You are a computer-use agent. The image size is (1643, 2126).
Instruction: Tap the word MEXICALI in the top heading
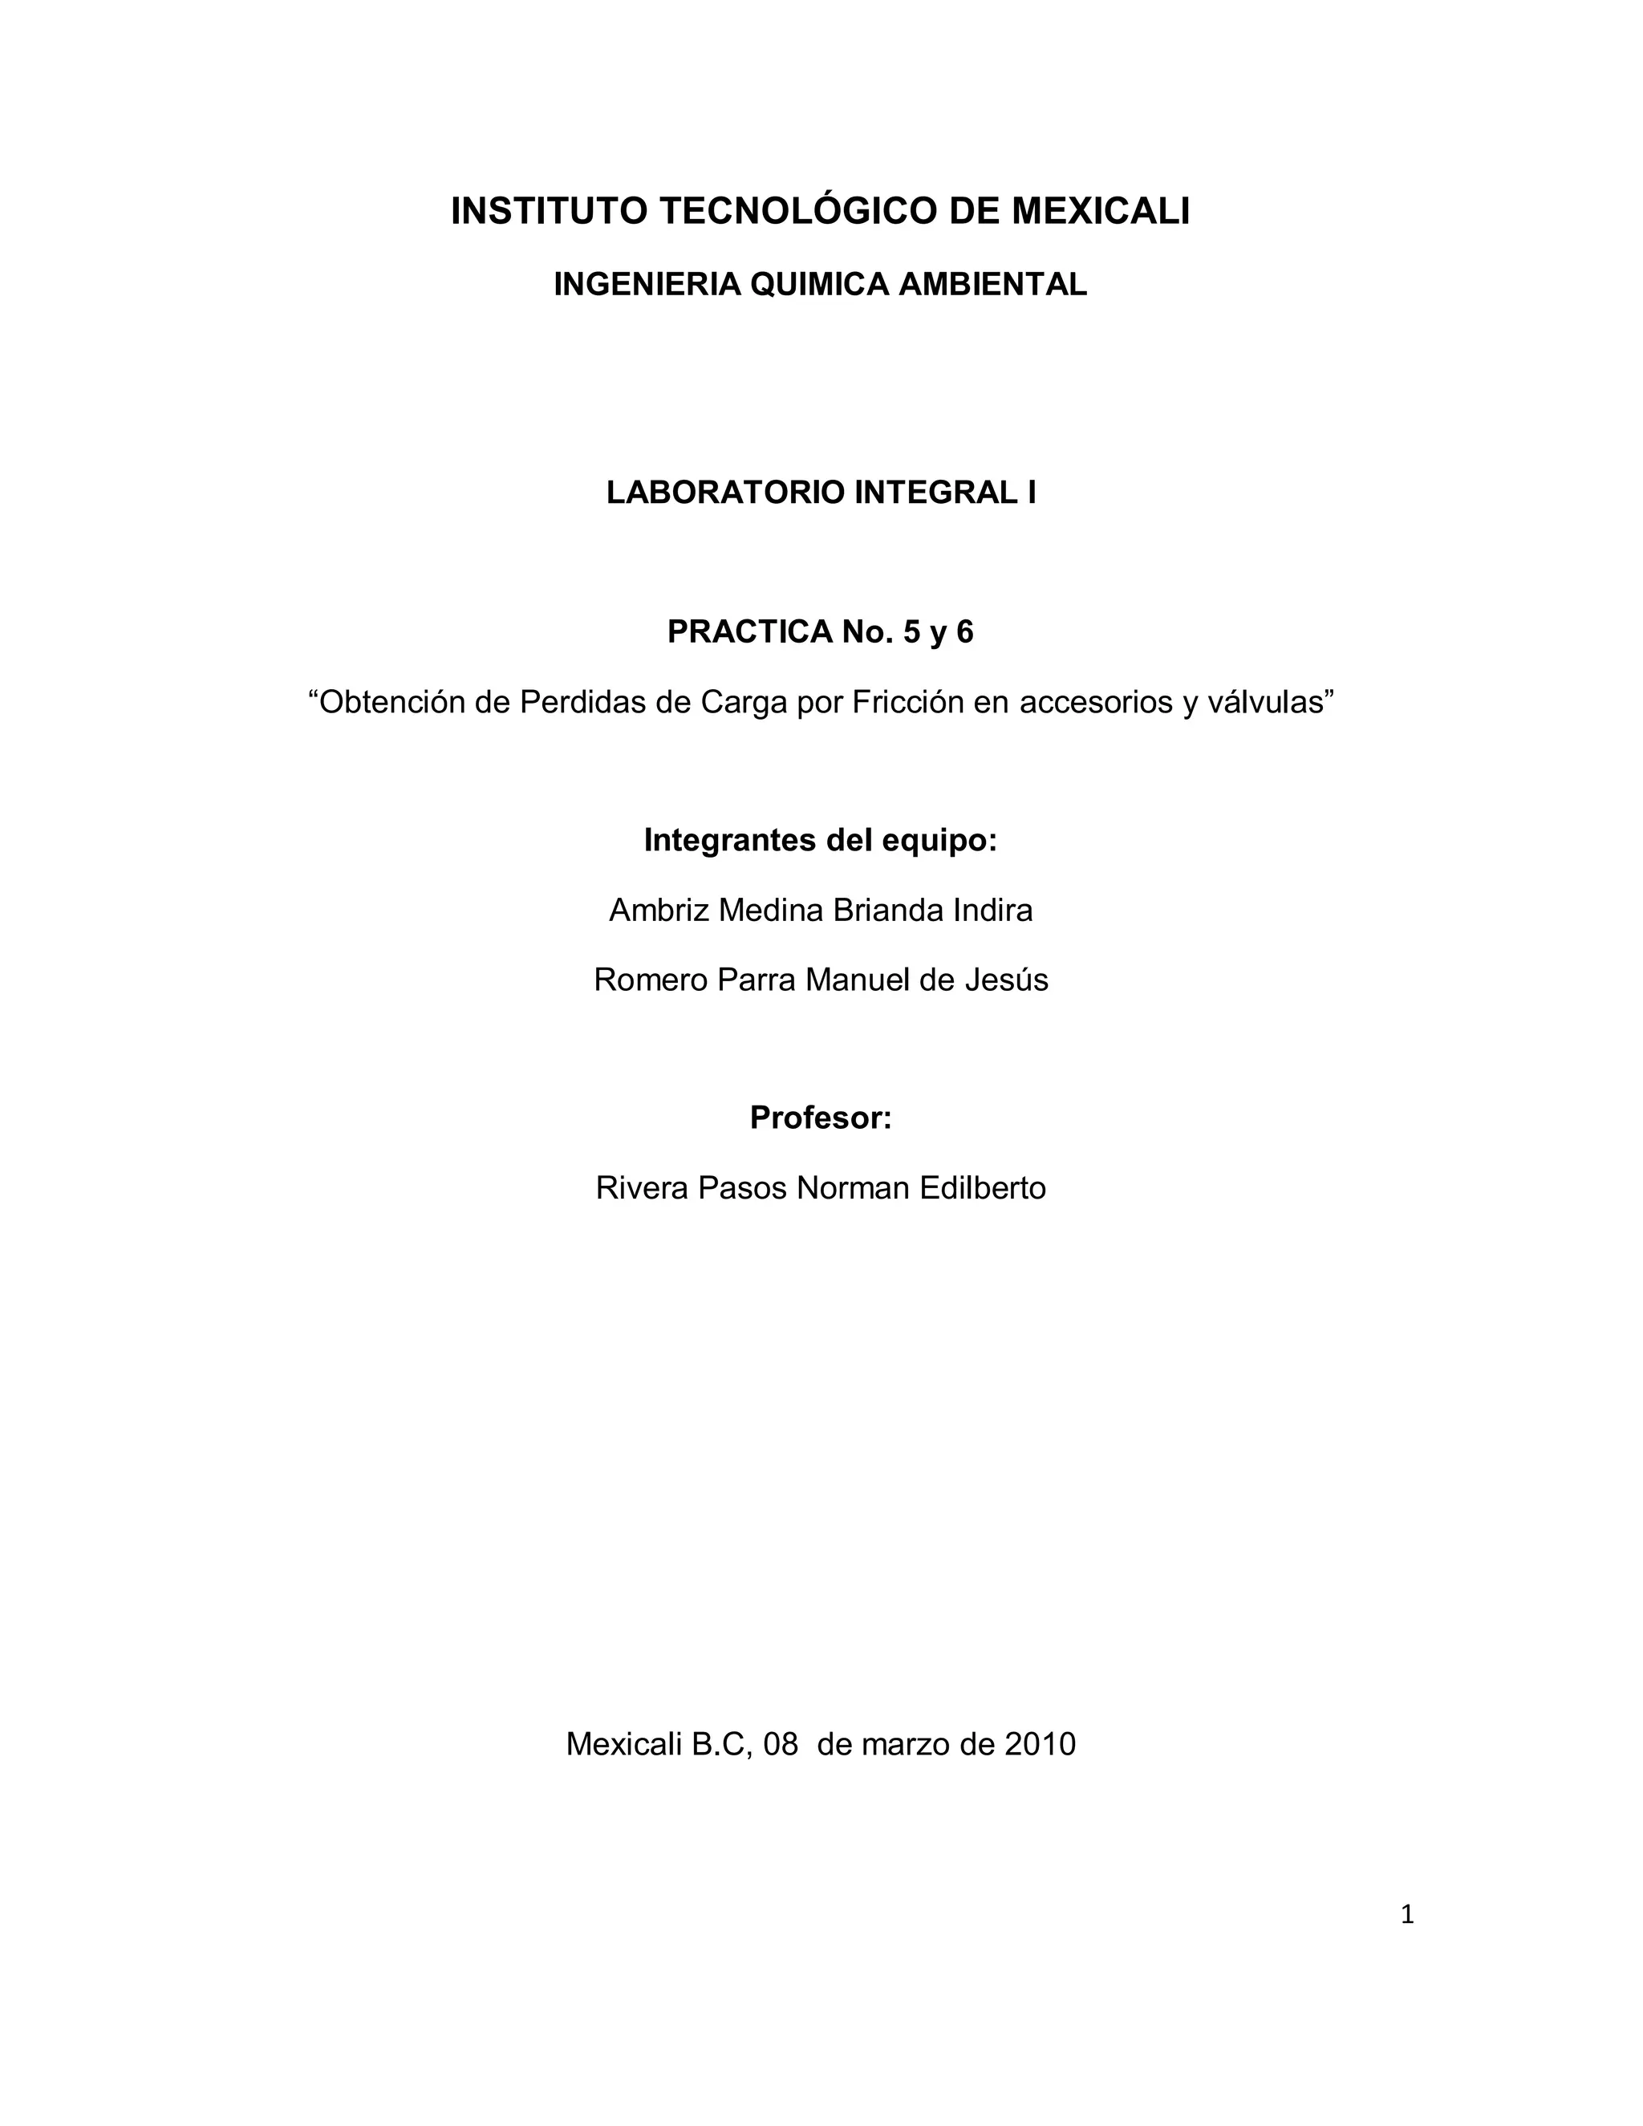click(1101, 211)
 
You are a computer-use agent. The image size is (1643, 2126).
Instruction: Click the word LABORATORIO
click(725, 493)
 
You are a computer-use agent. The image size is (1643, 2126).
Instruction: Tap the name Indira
click(993, 911)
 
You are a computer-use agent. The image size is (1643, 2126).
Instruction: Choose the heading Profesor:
click(821, 1118)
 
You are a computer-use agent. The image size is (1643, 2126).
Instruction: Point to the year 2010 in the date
click(1041, 1743)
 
